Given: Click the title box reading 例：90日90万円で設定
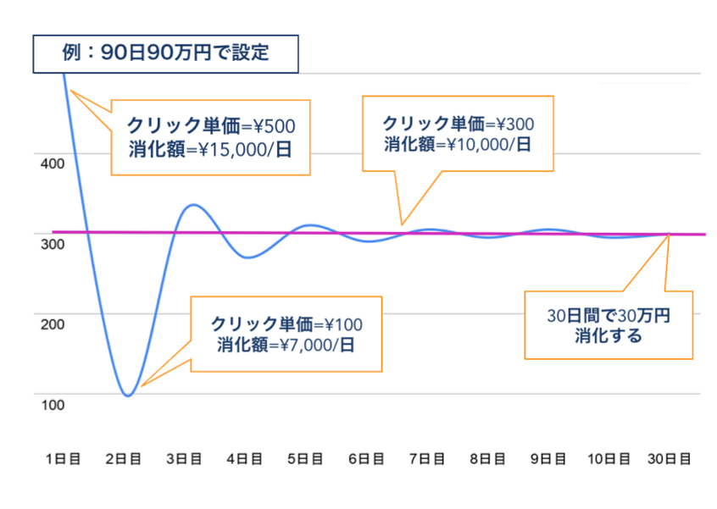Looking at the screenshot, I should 166,53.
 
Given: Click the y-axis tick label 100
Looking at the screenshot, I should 53,405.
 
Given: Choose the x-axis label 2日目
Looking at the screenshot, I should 124,459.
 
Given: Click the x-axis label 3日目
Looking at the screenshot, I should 184,459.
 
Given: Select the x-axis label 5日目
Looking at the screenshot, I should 304,459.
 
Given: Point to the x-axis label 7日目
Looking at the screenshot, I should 425,459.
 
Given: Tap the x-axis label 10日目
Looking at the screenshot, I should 609,459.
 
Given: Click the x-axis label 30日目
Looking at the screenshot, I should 670,459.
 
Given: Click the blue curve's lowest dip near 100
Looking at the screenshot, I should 128,396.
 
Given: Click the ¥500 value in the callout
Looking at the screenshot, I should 274,127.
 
